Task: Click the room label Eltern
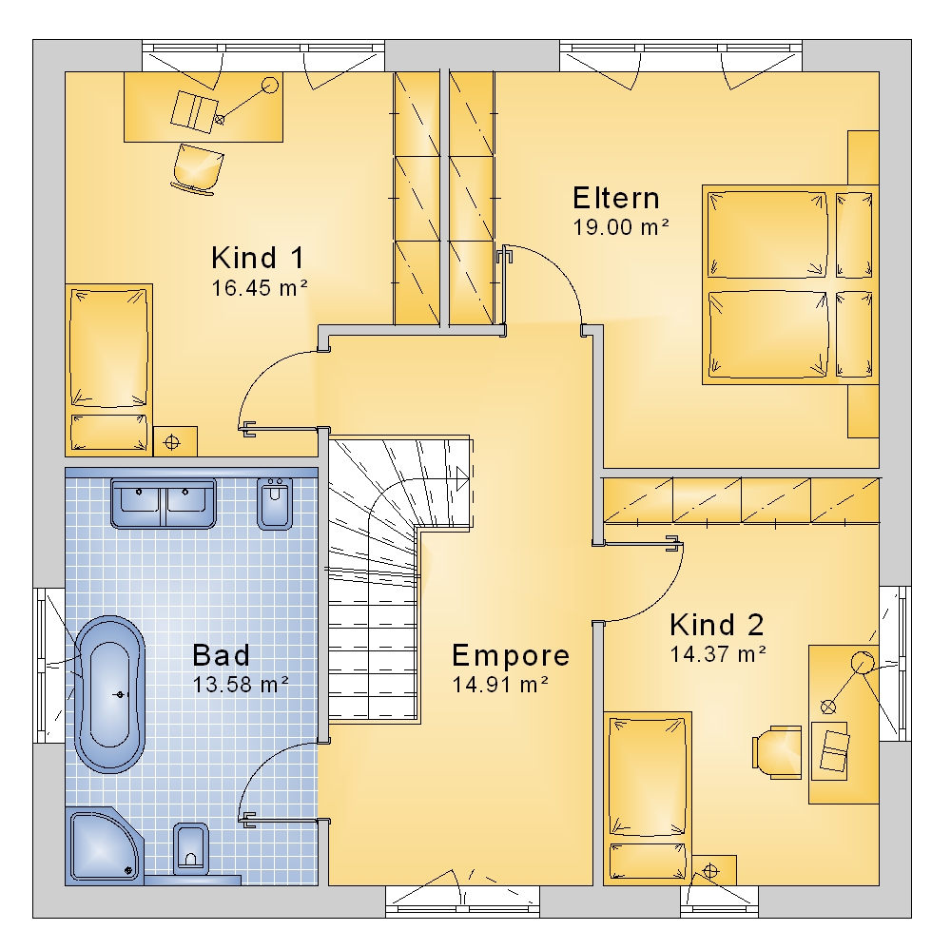[615, 199]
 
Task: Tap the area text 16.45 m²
[260, 287]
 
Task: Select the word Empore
[511, 655]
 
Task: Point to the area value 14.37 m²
[718, 654]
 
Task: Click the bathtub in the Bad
[109, 694]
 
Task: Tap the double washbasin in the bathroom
[164, 503]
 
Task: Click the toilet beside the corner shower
[190, 848]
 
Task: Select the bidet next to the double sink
[276, 503]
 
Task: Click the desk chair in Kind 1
[197, 169]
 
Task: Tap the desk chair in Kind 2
[776, 751]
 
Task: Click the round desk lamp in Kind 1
[270, 85]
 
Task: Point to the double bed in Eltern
[790, 284]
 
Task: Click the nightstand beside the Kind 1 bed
[175, 441]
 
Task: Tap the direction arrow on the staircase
[462, 478]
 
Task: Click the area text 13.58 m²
[241, 685]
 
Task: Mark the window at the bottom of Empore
[463, 902]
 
